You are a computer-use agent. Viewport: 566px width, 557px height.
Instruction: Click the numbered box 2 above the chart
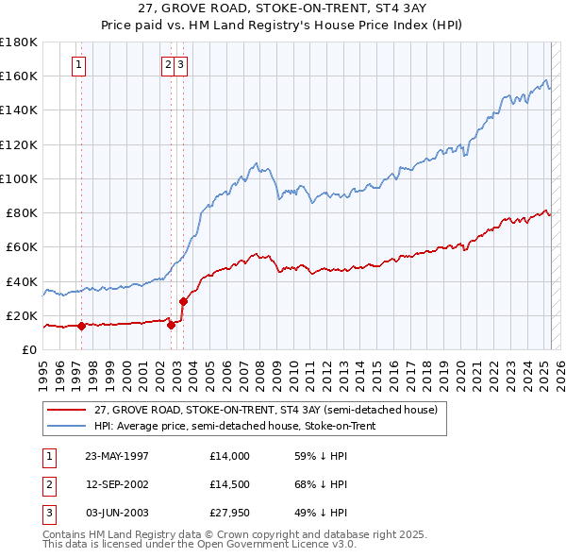pyautogui.click(x=168, y=65)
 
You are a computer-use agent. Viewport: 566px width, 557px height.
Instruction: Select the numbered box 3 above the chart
pyautogui.click(x=179, y=65)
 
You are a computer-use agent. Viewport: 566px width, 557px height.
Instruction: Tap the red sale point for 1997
pyautogui.click(x=81, y=327)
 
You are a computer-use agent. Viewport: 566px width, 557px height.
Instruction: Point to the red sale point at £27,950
pyautogui.click(x=183, y=302)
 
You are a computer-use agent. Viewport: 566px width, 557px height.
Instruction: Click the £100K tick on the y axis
pyautogui.click(x=19, y=178)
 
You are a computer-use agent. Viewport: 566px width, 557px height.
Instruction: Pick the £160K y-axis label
pyautogui.click(x=19, y=76)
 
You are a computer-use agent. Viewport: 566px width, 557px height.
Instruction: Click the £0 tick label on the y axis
pyautogui.click(x=29, y=350)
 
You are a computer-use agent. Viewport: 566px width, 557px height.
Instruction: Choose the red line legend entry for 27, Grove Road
pyautogui.click(x=265, y=411)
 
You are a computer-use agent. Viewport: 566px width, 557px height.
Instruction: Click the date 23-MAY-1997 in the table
pyautogui.click(x=117, y=455)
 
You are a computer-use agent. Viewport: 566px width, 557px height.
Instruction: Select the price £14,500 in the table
pyautogui.click(x=230, y=484)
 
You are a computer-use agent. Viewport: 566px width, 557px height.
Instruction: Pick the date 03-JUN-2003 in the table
pyautogui.click(x=117, y=513)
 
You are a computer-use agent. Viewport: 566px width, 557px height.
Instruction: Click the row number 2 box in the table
pyautogui.click(x=46, y=484)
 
